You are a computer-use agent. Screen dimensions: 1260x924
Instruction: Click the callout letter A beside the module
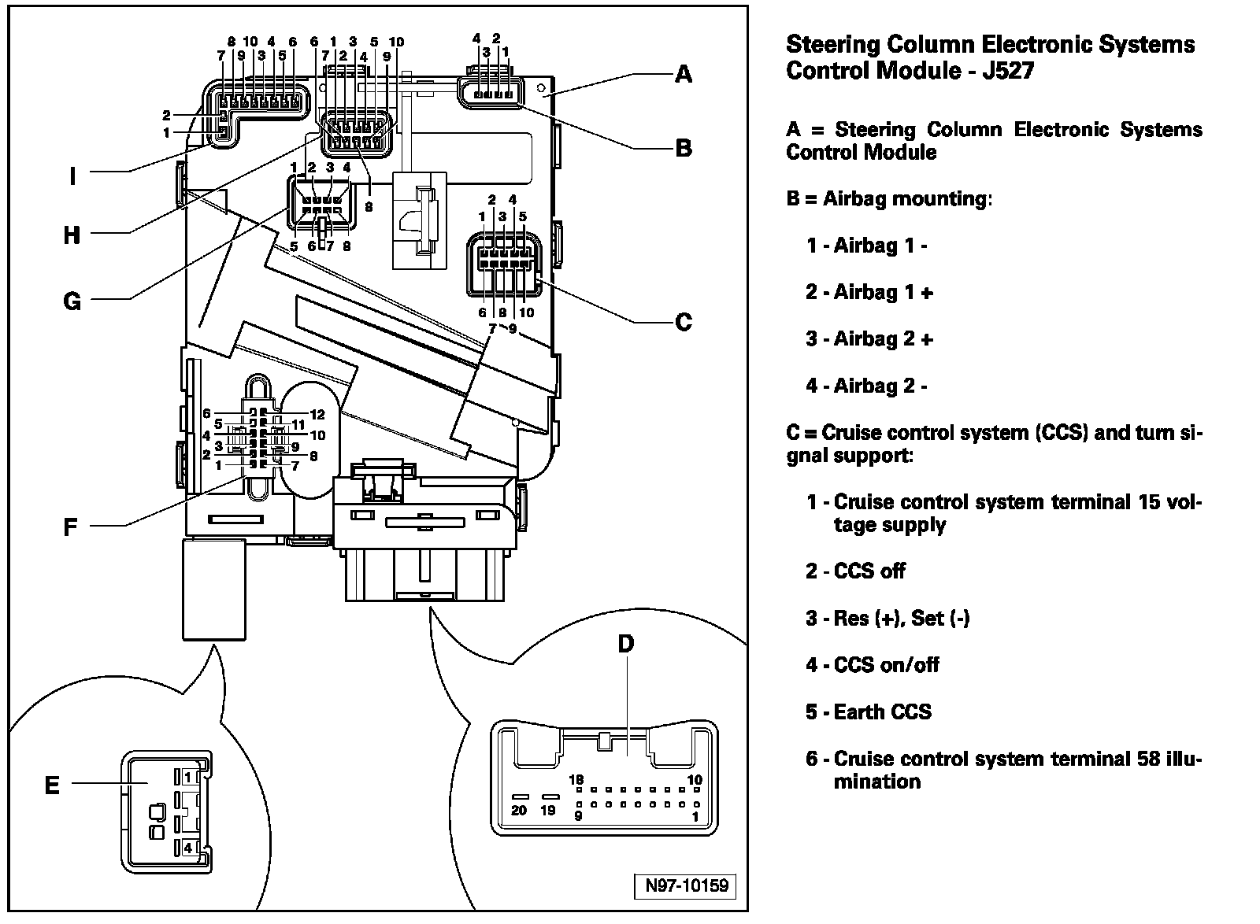(684, 74)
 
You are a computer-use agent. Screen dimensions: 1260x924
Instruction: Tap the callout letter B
(684, 149)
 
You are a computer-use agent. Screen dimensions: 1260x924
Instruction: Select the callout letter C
(684, 322)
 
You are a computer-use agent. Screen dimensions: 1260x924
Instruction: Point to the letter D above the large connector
(626, 644)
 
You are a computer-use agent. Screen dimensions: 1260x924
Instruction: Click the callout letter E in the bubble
(52, 785)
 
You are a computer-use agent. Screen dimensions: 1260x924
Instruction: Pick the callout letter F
(70, 527)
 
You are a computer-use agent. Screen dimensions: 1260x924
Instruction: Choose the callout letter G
(72, 301)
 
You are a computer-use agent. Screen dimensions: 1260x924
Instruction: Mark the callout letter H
(72, 235)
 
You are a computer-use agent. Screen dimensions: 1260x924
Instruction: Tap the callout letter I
(72, 176)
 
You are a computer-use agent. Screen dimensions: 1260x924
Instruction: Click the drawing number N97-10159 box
(685, 885)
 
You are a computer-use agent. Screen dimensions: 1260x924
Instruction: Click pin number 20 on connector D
(519, 810)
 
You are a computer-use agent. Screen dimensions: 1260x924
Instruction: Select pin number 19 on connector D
(548, 810)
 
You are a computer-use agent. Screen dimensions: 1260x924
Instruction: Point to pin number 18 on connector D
(576, 779)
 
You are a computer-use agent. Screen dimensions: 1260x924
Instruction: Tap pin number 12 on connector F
(317, 415)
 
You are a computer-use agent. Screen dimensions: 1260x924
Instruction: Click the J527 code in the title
(1008, 71)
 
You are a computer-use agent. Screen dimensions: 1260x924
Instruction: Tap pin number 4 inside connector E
(188, 848)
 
